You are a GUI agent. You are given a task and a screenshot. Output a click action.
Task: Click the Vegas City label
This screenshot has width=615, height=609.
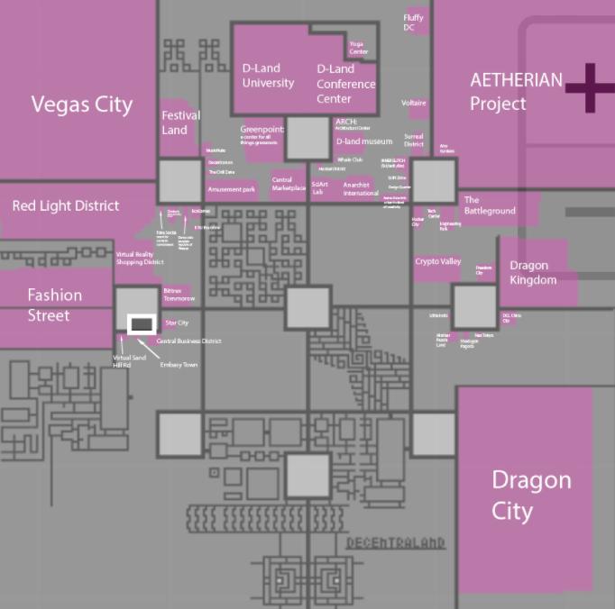[81, 105]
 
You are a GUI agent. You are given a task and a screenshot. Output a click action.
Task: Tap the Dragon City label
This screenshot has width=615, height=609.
[531, 495]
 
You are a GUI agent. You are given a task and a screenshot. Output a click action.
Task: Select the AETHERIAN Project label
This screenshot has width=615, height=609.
[516, 91]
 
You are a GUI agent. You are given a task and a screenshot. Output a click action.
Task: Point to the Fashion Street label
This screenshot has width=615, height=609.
[54, 304]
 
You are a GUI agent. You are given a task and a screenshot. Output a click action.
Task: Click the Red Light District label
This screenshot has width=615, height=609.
[66, 205]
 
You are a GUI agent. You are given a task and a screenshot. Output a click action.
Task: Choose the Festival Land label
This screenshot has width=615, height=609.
[180, 123]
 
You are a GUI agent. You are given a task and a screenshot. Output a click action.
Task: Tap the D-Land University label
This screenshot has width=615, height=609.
[268, 76]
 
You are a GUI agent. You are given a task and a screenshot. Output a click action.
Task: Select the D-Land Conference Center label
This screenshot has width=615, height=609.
[346, 83]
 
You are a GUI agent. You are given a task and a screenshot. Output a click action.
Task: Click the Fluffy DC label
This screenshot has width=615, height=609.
[413, 23]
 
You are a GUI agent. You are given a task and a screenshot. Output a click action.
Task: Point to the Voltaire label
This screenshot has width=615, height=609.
[414, 104]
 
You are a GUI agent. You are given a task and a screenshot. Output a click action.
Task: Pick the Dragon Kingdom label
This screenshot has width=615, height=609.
[533, 272]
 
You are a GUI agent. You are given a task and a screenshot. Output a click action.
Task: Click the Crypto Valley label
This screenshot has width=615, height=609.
[438, 262]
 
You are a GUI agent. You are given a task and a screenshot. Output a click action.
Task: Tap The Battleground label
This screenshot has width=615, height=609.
[490, 205]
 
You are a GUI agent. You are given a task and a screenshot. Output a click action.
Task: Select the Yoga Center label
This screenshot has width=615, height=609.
[358, 48]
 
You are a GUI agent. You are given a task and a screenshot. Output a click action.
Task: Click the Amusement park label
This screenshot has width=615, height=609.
[232, 190]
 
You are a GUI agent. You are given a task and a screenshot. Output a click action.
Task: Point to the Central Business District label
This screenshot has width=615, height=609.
[188, 341]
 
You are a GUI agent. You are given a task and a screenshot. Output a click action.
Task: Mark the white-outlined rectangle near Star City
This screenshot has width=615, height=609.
[141, 323]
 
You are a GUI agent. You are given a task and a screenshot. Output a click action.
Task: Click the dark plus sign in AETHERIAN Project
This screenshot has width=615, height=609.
[590, 88]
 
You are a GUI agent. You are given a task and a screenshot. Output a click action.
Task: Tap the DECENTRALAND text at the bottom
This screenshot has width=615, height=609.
[396, 542]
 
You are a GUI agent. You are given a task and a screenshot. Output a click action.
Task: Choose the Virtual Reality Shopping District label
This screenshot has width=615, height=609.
[140, 259]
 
